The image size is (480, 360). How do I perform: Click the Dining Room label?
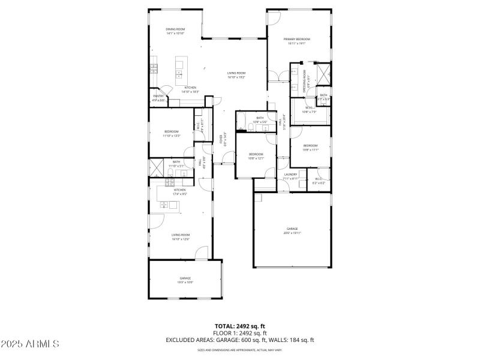[175, 31]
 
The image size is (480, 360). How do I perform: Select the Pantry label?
[158, 98]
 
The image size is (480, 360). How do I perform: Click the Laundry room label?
[290, 176]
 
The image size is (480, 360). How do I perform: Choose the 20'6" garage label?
[292, 230]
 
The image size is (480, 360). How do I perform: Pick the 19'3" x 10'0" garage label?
[185, 280]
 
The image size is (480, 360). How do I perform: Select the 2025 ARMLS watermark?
[30, 344]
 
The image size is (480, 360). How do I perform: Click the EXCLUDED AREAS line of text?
[240, 340]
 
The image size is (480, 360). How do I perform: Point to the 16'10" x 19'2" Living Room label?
[236, 75]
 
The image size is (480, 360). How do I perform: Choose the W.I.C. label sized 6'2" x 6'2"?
[319, 181]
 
